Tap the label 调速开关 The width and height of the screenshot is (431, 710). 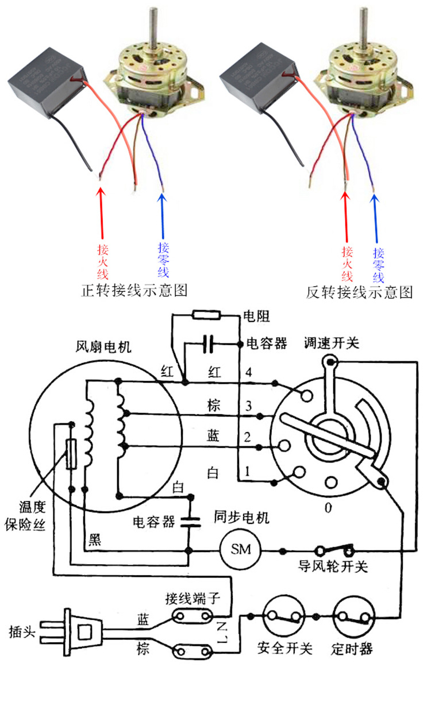point(331,343)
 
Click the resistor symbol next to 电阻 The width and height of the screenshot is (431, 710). point(205,314)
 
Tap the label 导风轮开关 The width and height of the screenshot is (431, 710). point(332,566)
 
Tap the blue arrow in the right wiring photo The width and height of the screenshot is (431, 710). point(377,218)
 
